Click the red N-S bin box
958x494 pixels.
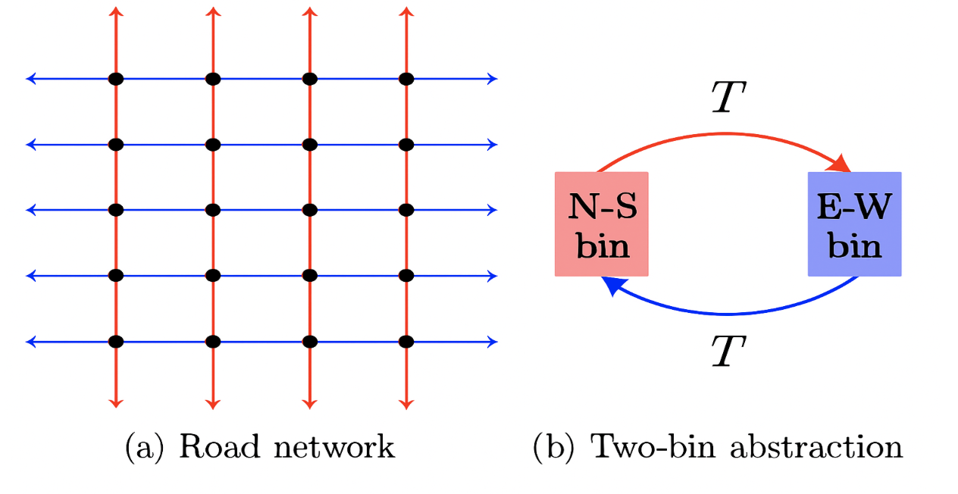point(602,224)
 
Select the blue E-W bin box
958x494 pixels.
point(854,224)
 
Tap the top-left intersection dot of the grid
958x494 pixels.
point(116,78)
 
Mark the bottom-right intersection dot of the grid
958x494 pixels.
point(406,342)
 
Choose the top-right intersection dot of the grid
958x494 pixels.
point(406,78)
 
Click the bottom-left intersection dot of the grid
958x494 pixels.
point(116,342)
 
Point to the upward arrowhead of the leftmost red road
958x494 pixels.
point(116,11)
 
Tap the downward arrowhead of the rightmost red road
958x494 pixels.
point(406,403)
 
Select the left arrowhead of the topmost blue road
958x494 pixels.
point(31,78)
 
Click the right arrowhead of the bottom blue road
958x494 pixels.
point(493,342)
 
